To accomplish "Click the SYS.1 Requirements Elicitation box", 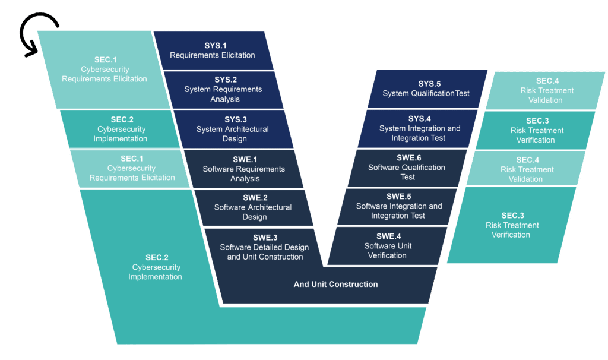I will (x=213, y=50).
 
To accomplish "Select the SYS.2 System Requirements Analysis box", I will (x=223, y=90).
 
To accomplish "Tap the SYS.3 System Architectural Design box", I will (x=232, y=130).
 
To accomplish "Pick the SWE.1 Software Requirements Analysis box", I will (x=243, y=169).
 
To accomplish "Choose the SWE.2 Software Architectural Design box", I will (x=253, y=207).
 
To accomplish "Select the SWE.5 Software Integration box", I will (x=398, y=206).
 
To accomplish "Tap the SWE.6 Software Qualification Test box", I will (x=407, y=168).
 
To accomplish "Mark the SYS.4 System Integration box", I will (x=419, y=128).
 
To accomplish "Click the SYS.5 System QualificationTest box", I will (x=426, y=89).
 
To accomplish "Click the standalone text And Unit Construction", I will (x=335, y=284).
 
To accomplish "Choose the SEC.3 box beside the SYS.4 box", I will (x=537, y=130).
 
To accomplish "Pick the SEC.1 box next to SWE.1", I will (x=132, y=168).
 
